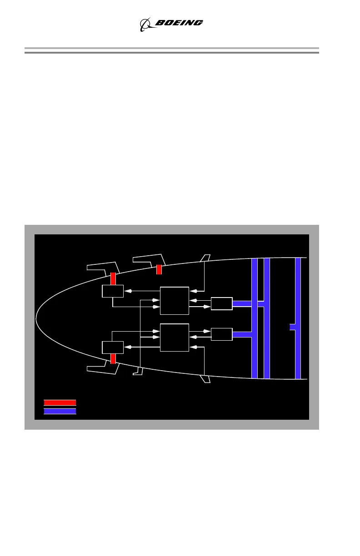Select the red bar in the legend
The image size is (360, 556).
[60, 402]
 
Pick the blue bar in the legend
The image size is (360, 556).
[60, 411]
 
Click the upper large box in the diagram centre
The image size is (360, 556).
[175, 300]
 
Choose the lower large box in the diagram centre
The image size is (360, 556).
[175, 337]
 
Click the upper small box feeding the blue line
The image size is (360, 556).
[222, 303]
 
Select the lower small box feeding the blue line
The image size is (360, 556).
[222, 334]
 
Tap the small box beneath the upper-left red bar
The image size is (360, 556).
[113, 291]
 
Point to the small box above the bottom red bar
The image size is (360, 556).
[113, 347]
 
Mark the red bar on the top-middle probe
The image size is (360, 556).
[159, 269]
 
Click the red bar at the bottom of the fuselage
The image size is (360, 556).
[113, 358]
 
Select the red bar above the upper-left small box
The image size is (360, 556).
[113, 278]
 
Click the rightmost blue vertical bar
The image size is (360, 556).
[298, 318]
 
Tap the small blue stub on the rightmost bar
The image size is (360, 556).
[292, 327]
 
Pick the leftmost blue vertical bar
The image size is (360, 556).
[255, 318]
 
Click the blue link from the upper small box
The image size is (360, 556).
[242, 303]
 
